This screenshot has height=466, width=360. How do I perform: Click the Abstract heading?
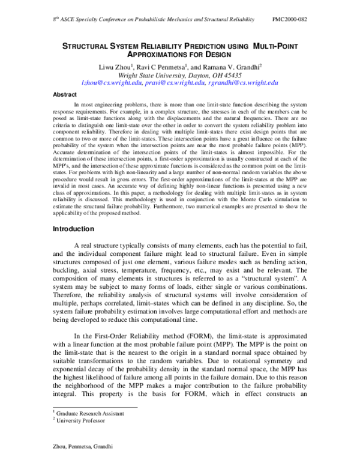[x=65, y=94]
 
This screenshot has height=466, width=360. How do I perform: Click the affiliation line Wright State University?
[x=180, y=75]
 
